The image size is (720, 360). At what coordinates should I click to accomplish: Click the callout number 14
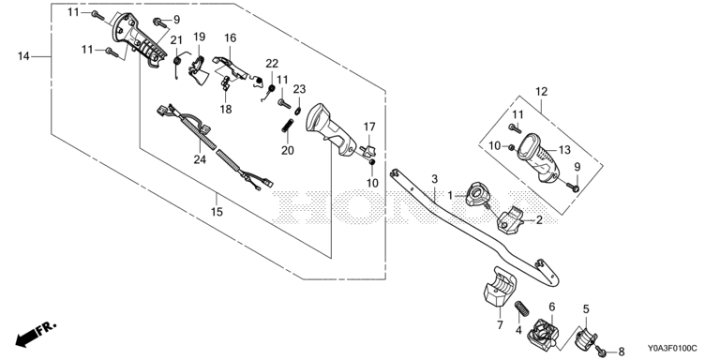click(23, 56)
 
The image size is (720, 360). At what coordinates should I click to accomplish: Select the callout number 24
click(200, 159)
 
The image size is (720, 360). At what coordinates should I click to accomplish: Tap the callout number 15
click(217, 212)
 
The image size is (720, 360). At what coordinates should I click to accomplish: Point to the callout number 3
click(435, 178)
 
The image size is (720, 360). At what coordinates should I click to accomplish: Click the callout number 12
click(541, 91)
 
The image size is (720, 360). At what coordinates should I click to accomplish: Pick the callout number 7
click(500, 325)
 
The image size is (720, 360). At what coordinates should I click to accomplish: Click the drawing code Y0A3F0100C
click(672, 349)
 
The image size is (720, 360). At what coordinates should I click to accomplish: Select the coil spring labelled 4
click(521, 308)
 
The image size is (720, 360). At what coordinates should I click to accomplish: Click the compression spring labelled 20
click(288, 126)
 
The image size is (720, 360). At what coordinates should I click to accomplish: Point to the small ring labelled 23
click(298, 110)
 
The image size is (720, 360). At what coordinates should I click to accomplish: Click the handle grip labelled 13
click(538, 157)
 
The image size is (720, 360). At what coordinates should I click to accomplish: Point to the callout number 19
click(199, 37)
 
